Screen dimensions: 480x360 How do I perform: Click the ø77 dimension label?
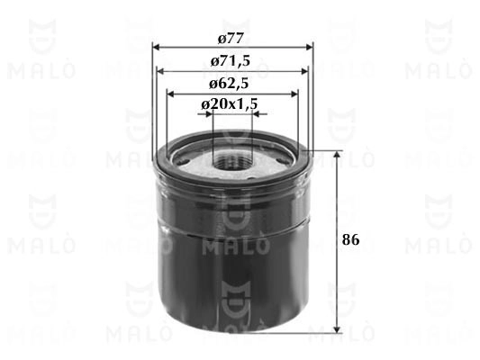pyautogui.click(x=231, y=39)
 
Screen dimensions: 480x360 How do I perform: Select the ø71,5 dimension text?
pyautogui.click(x=231, y=61)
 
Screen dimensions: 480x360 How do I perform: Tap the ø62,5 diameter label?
pyautogui.click(x=229, y=84)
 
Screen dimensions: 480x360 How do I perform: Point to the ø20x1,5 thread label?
pyautogui.click(x=230, y=105)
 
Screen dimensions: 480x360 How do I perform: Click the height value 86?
pyautogui.click(x=351, y=239)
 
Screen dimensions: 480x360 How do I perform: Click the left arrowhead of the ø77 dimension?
pyautogui.click(x=156, y=48)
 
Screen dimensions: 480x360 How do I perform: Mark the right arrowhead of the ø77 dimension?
pyautogui.click(x=310, y=48)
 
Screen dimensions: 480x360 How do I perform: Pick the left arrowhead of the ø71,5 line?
pyautogui.click(x=160, y=72)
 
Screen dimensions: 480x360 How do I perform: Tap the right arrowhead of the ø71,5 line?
pyautogui.click(x=304, y=72)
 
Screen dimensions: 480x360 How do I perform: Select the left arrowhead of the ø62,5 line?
pyautogui.click(x=170, y=94)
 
